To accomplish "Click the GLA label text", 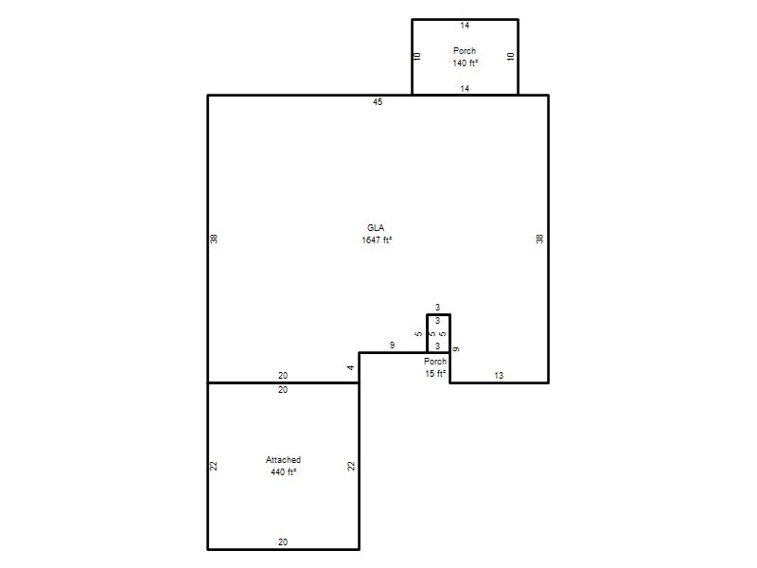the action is tap(376, 228).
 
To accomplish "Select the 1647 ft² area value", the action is tap(377, 240).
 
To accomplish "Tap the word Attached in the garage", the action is tap(283, 460).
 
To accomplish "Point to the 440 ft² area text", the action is tap(283, 471).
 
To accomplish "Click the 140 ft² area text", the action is tap(466, 63).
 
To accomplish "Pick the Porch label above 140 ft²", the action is tap(465, 51).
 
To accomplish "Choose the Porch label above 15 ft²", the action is tap(435, 362).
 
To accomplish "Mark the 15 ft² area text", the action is tap(435, 373).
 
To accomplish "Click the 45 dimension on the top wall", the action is tap(378, 102).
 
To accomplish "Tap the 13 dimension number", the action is tap(499, 375).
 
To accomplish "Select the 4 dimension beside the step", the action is tap(350, 367).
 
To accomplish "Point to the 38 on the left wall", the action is tap(214, 239).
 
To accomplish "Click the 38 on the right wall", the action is tap(539, 239).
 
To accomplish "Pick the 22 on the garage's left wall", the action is tap(214, 466).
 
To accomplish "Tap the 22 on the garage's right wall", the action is tap(351, 466).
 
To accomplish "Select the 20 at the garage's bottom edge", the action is tap(283, 542).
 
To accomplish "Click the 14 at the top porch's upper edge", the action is tap(465, 26).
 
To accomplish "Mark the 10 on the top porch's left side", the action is tap(418, 57).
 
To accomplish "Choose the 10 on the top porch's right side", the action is tap(511, 57).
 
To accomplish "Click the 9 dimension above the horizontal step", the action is tap(392, 346).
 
